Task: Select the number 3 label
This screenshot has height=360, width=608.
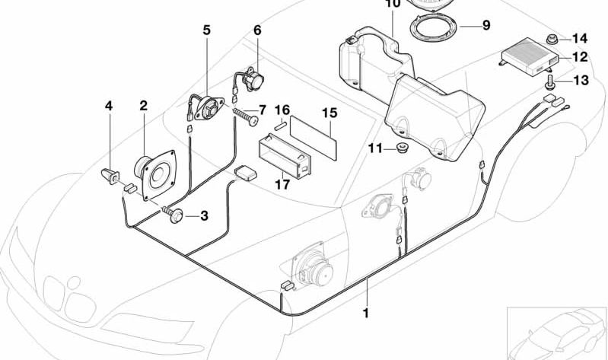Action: tap(203, 216)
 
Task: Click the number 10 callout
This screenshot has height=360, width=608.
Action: tap(392, 4)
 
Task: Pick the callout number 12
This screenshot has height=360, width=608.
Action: tap(580, 57)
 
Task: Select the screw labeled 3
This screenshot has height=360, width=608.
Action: tap(174, 215)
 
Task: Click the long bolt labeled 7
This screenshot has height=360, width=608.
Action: tap(246, 118)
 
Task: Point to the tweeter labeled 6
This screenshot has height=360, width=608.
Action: tap(253, 79)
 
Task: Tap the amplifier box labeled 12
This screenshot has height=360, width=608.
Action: tap(530, 55)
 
